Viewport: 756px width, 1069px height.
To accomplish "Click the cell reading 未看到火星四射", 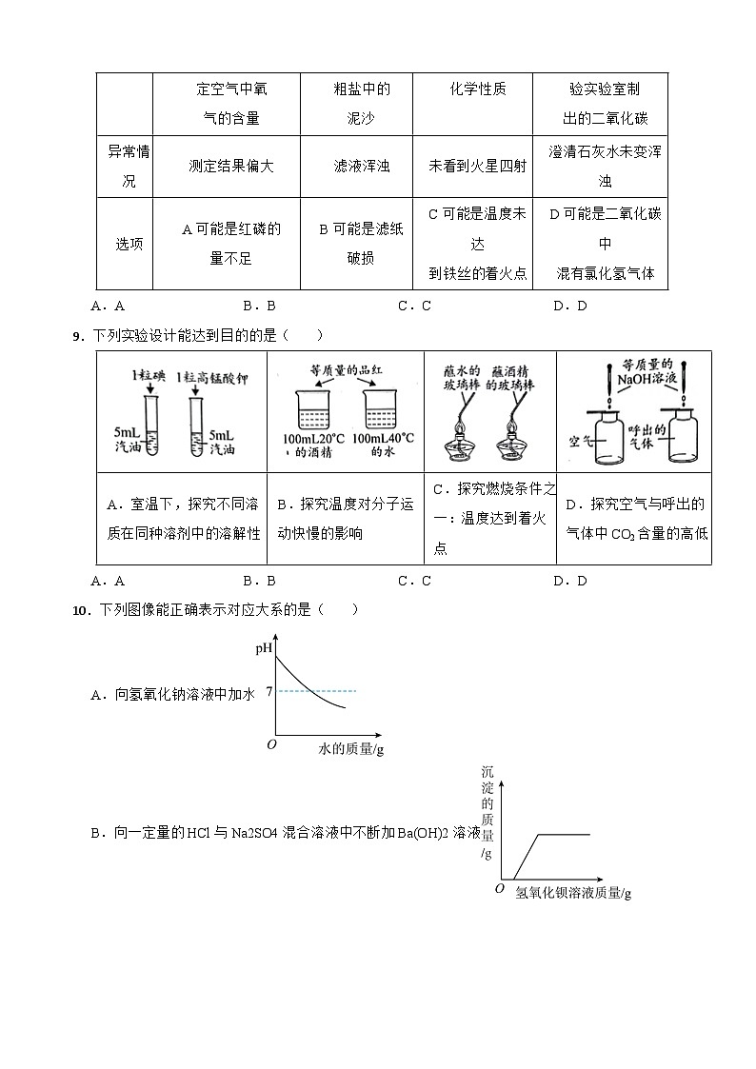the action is pyautogui.click(x=477, y=166).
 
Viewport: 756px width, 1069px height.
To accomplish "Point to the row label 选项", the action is pyautogui.click(x=124, y=244).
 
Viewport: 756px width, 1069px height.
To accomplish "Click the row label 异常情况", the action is pyautogui.click(x=125, y=166).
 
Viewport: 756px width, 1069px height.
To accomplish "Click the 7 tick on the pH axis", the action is pyautogui.click(x=269, y=691).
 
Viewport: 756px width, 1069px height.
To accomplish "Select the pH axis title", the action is pyautogui.click(x=264, y=649).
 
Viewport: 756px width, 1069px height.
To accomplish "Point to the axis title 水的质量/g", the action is pyautogui.click(x=350, y=750).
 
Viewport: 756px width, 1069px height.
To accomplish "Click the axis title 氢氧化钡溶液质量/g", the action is pyautogui.click(x=573, y=893).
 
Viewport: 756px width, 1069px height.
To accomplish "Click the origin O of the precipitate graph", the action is pyautogui.click(x=499, y=888).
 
